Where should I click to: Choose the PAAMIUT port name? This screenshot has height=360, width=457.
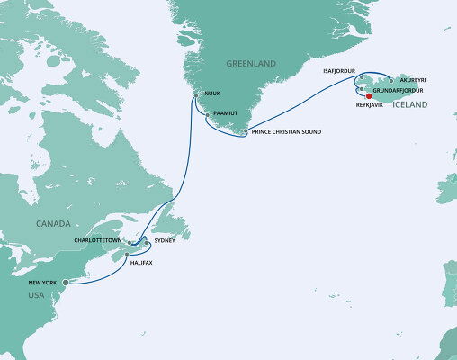pyautogui.click(x=225, y=115)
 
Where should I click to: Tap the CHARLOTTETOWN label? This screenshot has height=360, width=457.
pyautogui.click(x=98, y=240)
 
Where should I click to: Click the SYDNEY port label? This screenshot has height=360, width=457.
pyautogui.click(x=165, y=240)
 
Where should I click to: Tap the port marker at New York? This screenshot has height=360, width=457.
pyautogui.click(x=66, y=282)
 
